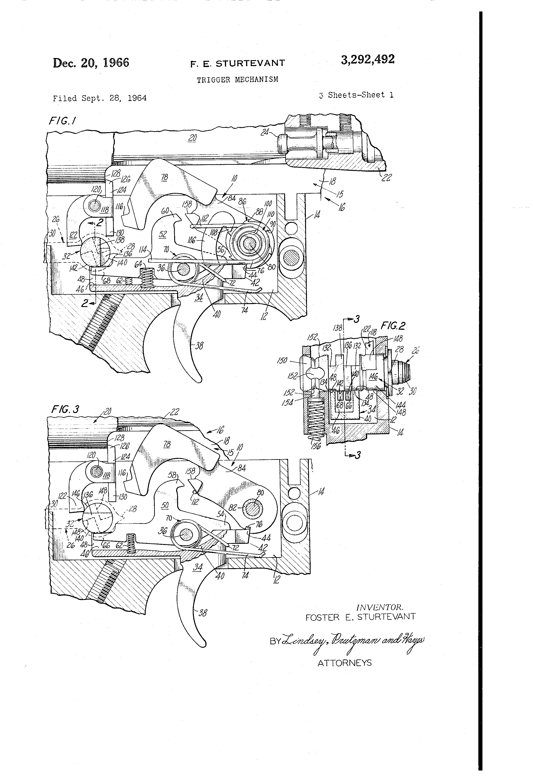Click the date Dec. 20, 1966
coord(91,63)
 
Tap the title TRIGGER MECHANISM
coord(238,80)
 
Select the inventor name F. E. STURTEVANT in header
coord(238,63)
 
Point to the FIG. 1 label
coord(62,120)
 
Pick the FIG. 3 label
coord(65,410)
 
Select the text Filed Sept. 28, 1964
coord(100,98)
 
